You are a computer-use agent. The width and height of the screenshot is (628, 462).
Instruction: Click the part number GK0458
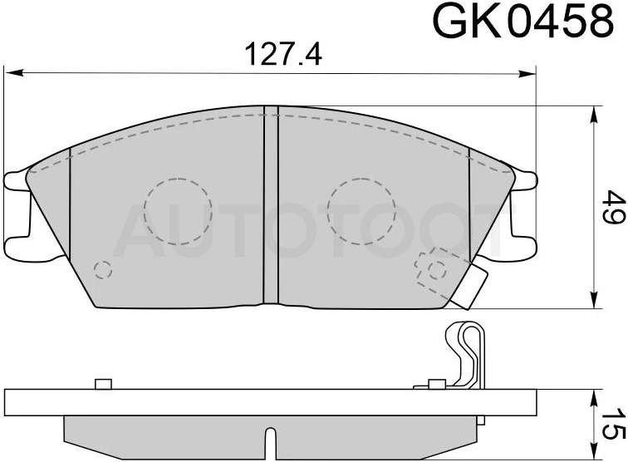point(523,22)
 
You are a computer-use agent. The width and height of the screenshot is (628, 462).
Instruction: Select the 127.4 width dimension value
point(283,55)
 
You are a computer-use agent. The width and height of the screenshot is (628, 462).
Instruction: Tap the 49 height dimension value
point(615,207)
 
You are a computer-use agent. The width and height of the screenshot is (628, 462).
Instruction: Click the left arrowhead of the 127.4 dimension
point(14,73)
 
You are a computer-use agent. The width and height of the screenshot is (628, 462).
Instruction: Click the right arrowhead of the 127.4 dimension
point(526,73)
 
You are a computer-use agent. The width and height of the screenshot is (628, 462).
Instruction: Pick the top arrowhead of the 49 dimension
point(594,116)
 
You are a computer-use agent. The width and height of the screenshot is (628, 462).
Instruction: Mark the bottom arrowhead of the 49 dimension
point(594,299)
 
